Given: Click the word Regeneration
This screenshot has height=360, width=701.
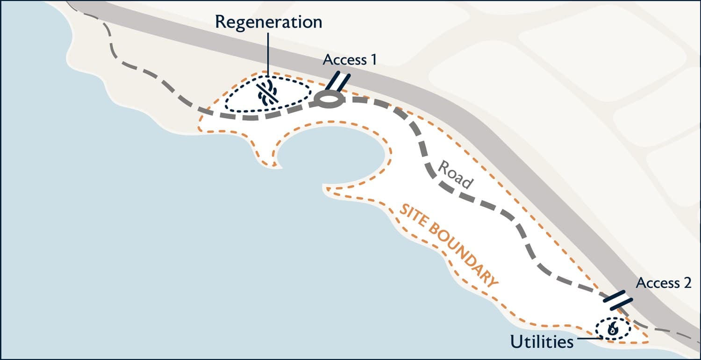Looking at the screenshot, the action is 269,22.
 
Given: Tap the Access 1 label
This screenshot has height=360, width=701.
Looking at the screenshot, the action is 350,59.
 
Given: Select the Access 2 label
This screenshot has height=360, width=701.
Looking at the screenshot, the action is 664,283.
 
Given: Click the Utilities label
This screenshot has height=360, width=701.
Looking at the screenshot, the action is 542,341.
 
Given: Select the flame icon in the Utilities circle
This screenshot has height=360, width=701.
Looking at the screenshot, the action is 612,329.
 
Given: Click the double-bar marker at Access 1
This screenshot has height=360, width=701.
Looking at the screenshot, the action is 337,81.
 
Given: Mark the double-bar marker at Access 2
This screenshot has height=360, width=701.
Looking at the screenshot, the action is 618,300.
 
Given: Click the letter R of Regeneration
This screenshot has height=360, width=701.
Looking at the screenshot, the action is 221,22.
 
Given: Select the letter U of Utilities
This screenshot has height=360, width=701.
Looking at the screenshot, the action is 517,341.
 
